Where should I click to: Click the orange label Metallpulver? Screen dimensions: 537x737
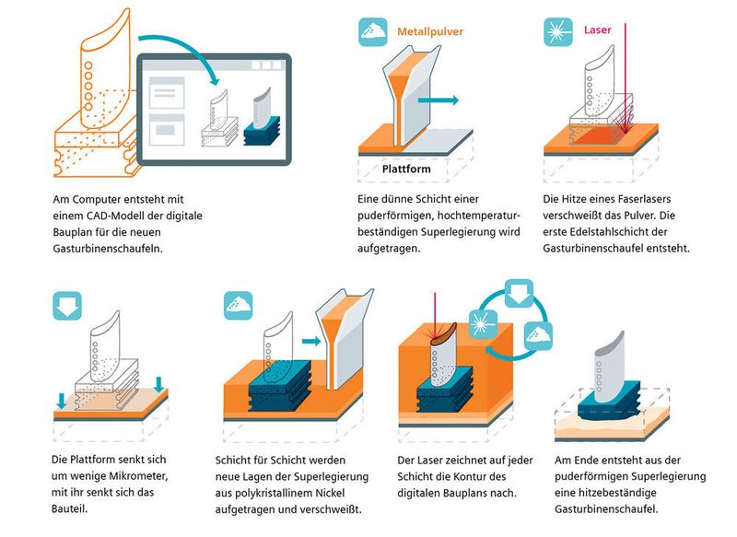[430, 31]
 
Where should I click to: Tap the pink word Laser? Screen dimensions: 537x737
[598, 30]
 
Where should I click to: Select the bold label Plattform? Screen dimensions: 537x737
[406, 169]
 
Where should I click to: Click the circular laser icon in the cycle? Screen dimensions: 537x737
[482, 322]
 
